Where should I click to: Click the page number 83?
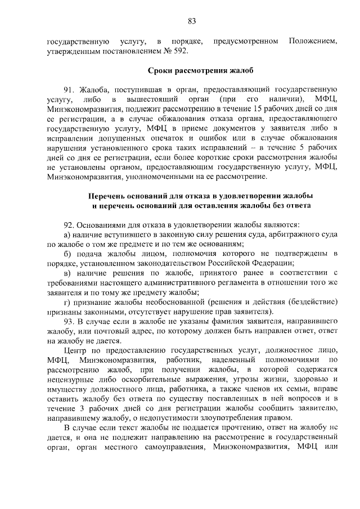(192, 21)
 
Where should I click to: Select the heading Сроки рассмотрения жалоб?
(192, 71)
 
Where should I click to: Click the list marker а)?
(66, 234)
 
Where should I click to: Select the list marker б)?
(66, 254)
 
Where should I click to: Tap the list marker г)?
(66, 303)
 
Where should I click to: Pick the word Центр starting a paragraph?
(75, 351)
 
